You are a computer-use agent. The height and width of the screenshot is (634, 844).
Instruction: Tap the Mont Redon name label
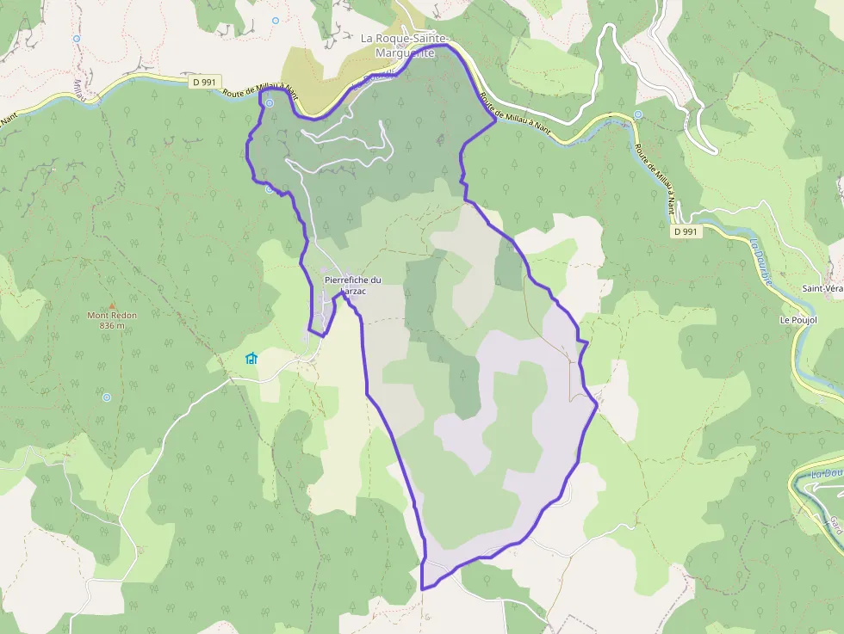coord(112,316)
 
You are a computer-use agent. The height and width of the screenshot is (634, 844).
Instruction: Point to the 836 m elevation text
coord(112,326)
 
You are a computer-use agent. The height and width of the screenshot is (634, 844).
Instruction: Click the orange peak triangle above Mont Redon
coord(112,305)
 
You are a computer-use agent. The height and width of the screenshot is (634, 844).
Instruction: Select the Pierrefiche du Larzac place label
coord(352,286)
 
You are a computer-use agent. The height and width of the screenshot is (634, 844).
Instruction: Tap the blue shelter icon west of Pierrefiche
coord(251,358)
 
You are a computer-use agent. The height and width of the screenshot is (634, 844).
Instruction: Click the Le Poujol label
coord(798,320)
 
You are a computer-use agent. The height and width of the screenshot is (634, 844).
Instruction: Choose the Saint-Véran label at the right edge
coord(822,289)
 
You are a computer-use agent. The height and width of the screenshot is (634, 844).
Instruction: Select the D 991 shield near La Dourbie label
coord(686,231)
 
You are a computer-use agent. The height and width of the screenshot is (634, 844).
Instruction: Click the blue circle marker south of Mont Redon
coord(107,397)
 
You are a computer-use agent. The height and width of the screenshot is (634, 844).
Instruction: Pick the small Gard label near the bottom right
coord(835,523)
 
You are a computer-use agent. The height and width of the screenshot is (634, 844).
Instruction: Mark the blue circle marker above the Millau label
coord(77,39)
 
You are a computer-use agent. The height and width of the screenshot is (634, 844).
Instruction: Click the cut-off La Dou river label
coord(827,474)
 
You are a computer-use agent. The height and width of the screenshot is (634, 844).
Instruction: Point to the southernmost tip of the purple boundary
coord(422,588)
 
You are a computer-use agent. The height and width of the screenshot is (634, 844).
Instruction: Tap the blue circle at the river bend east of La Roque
coord(638,114)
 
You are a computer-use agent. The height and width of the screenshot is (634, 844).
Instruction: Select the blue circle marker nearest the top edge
coord(276,20)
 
